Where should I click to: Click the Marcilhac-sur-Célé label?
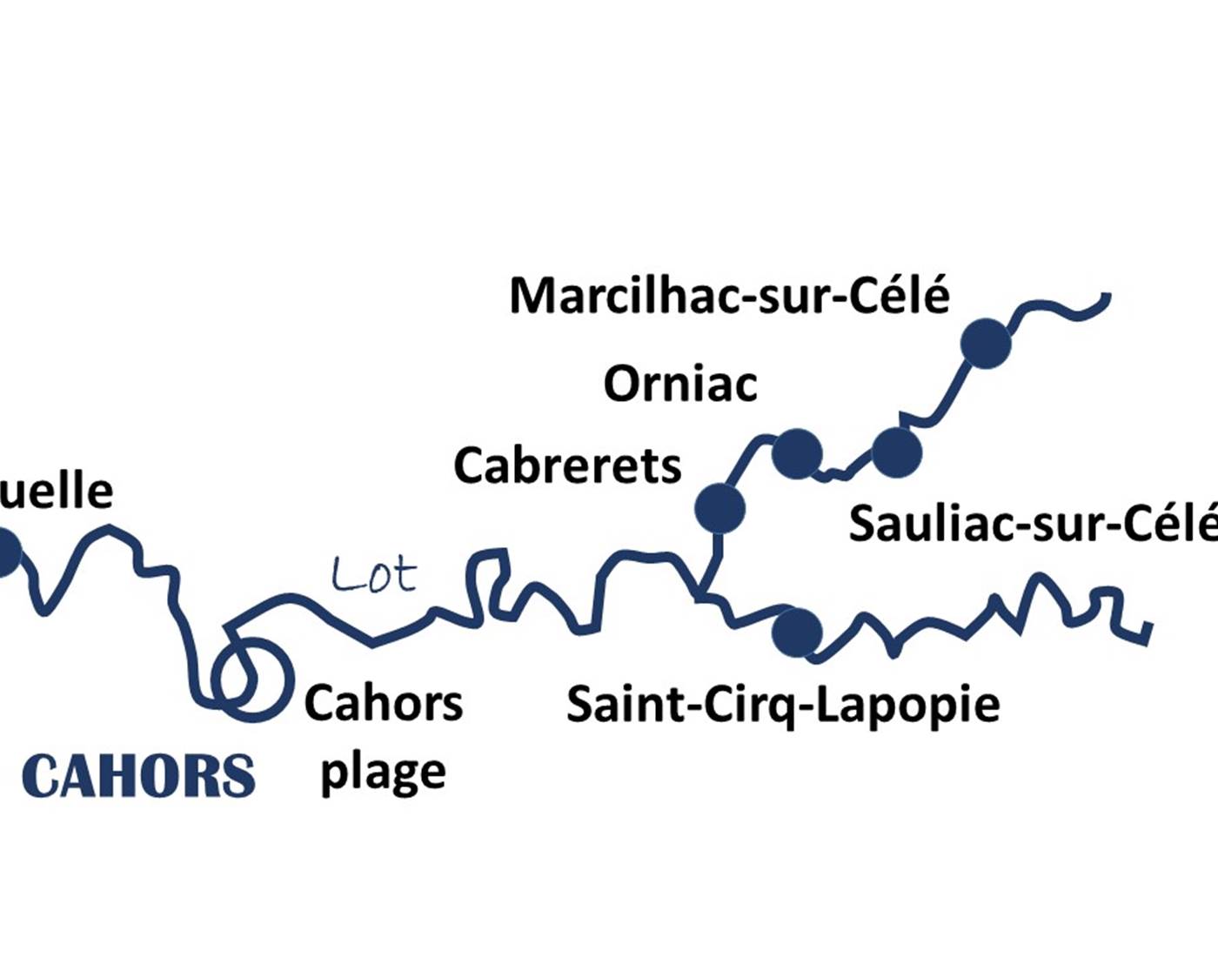729,296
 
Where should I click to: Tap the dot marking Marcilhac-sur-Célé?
986,344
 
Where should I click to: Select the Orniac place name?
679,384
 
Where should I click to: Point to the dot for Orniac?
796,453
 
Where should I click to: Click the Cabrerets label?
567,465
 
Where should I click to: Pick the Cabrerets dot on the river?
719,508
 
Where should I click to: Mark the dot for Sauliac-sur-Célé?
896,452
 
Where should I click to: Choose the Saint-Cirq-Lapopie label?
783,704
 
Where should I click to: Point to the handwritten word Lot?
374,575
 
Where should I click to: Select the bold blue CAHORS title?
138,776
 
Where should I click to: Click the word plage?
383,773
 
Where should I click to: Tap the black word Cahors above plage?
383,703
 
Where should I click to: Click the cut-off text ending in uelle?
57,492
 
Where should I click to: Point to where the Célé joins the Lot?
701,597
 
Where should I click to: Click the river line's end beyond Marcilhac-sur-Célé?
1108,298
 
